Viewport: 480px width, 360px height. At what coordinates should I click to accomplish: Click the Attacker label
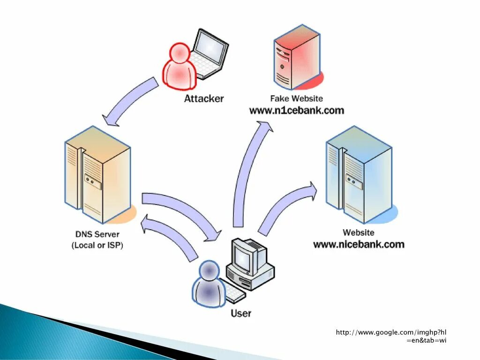pyautogui.click(x=204, y=99)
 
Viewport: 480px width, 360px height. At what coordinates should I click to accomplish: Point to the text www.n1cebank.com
pyautogui.click(x=297, y=111)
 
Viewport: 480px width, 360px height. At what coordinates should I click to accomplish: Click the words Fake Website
pyautogui.click(x=296, y=99)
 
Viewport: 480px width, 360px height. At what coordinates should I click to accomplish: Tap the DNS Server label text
pyautogui.click(x=97, y=234)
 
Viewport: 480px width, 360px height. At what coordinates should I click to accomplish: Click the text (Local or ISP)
pyautogui.click(x=97, y=245)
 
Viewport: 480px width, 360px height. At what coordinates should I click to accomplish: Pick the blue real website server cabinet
pyautogui.click(x=359, y=173)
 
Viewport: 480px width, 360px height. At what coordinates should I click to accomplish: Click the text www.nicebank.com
pyautogui.click(x=359, y=244)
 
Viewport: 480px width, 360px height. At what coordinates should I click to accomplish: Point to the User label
pyautogui.click(x=241, y=313)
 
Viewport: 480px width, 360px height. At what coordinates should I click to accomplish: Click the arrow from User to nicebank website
pyautogui.click(x=286, y=206)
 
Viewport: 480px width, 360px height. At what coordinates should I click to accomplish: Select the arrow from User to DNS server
pyautogui.click(x=169, y=234)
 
